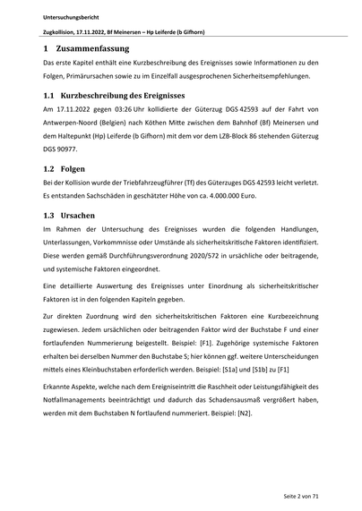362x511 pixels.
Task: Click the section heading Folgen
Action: click(x=73, y=167)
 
